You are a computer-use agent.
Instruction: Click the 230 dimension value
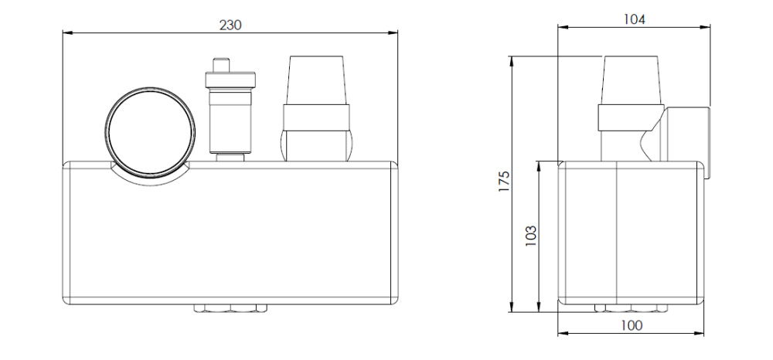click(230, 25)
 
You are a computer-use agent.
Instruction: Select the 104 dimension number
click(634, 19)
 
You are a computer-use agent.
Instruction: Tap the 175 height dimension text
click(503, 182)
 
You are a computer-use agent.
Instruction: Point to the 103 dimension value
click(530, 236)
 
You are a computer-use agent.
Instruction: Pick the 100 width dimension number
click(632, 325)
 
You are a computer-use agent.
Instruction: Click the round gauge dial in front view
click(150, 132)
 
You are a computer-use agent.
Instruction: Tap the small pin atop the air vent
click(221, 65)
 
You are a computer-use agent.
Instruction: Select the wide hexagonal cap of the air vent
click(230, 80)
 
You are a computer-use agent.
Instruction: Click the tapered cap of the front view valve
click(316, 80)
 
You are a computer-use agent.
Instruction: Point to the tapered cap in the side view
click(631, 80)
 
